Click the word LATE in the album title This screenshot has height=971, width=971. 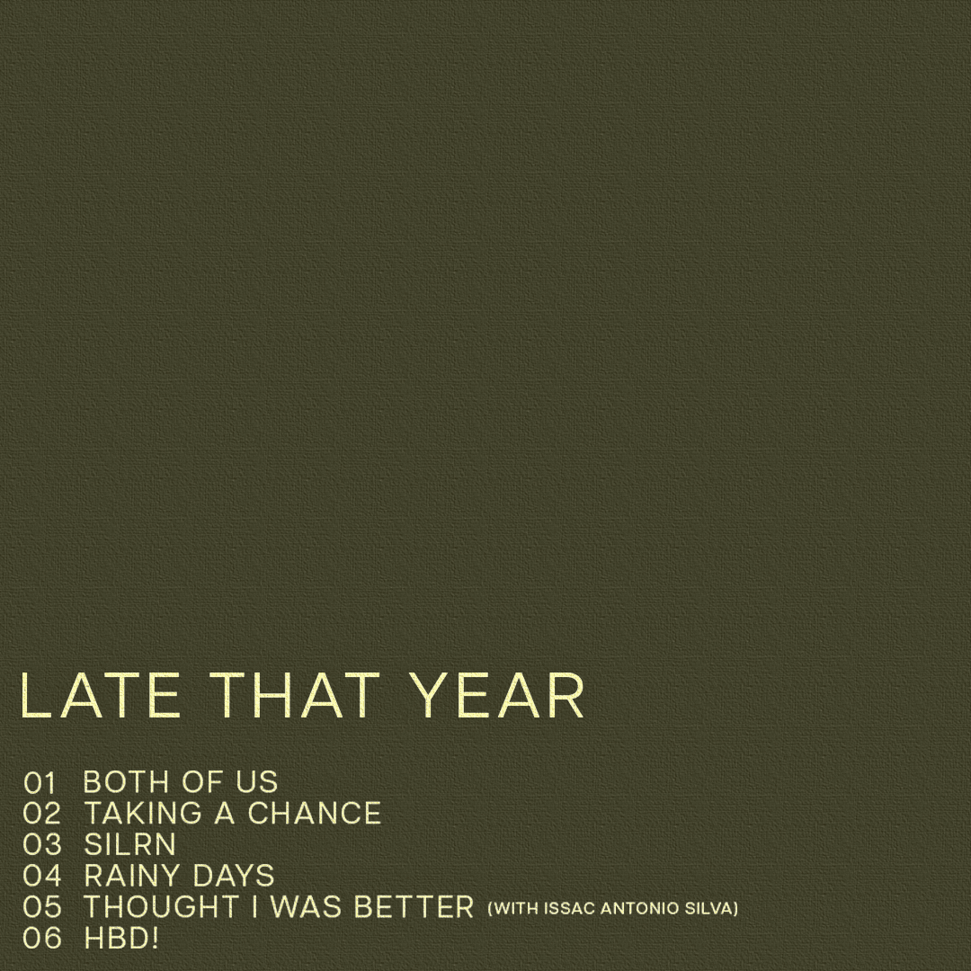pos(101,695)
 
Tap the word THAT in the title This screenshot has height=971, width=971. pos(295,695)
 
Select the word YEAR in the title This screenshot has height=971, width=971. pos(498,695)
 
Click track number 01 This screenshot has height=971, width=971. pos(40,783)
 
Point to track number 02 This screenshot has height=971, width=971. pos(41,814)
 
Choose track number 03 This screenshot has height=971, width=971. pos(42,844)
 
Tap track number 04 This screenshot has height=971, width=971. pos(42,876)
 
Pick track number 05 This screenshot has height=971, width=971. pos(42,907)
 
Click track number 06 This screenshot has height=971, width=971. pos(42,938)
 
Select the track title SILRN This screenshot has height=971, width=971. pos(130,844)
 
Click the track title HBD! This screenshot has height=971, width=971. pos(121,938)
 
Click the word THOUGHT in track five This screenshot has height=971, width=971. pos(162,907)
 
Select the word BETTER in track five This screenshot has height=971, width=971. pos(414,907)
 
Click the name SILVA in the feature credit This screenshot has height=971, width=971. pos(708,908)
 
